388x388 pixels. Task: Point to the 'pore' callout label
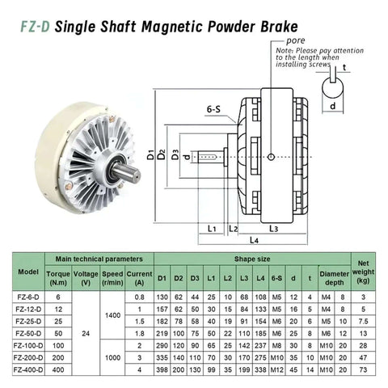295,38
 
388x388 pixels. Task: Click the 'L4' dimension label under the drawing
253,240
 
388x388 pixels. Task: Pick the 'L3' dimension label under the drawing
272,229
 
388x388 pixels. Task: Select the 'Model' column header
28,271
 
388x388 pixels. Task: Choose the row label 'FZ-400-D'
28,368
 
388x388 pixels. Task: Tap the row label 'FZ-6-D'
28,297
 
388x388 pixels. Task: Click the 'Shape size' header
252,259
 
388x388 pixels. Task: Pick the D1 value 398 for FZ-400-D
162,368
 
